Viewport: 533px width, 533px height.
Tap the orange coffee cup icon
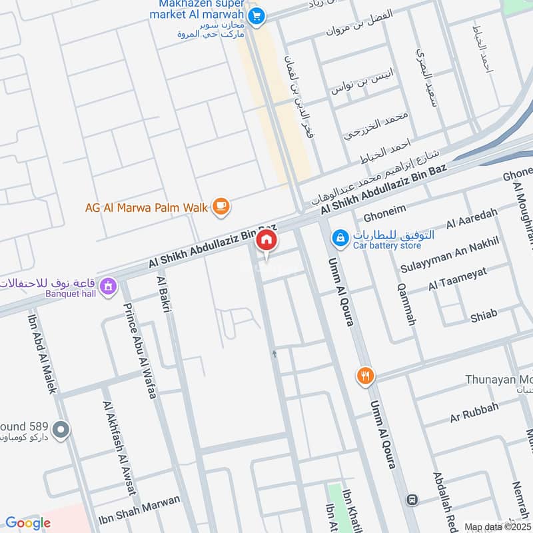221,207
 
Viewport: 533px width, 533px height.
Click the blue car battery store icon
340,237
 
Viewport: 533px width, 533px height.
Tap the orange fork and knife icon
364,375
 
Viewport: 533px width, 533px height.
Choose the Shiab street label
484,314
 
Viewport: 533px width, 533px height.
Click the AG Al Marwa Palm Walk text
147,207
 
